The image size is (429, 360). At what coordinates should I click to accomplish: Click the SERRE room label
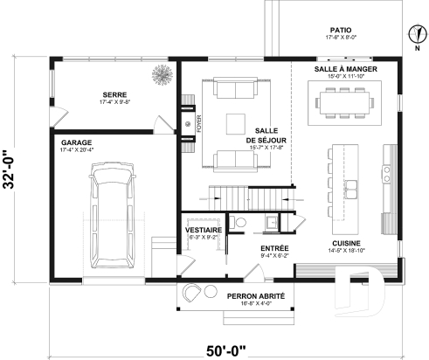click(x=113, y=97)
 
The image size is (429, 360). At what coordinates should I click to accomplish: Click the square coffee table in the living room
click(x=235, y=122)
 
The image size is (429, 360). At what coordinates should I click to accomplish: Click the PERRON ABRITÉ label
click(x=257, y=297)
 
